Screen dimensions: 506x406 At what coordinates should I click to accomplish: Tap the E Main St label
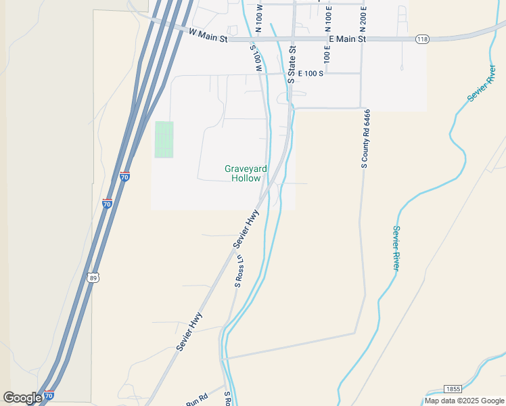pyautogui.click(x=346, y=39)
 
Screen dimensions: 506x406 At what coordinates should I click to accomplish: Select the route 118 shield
pyautogui.click(x=422, y=39)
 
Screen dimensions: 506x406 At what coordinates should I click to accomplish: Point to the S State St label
pyautogui.click(x=292, y=64)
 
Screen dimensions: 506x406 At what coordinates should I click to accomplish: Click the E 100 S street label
pyautogui.click(x=306, y=73)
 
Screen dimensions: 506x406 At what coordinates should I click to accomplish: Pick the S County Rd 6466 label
pyautogui.click(x=366, y=138)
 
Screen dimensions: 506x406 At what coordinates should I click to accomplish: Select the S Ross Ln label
pyautogui.click(x=239, y=271)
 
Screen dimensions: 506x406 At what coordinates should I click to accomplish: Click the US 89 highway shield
pyautogui.click(x=93, y=277)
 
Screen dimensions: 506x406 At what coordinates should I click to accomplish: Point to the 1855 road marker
pyautogui.click(x=453, y=389)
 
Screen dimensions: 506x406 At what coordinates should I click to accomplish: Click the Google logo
pyautogui.click(x=22, y=398)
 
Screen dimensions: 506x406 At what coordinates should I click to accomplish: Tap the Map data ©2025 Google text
pyautogui.click(x=464, y=401)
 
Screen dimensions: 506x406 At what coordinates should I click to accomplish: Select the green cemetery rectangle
pyautogui.click(x=164, y=139)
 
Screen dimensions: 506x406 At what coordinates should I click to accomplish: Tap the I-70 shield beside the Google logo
pyautogui.click(x=49, y=395)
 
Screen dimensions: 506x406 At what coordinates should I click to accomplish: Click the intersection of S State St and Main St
pyautogui.click(x=294, y=39)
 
